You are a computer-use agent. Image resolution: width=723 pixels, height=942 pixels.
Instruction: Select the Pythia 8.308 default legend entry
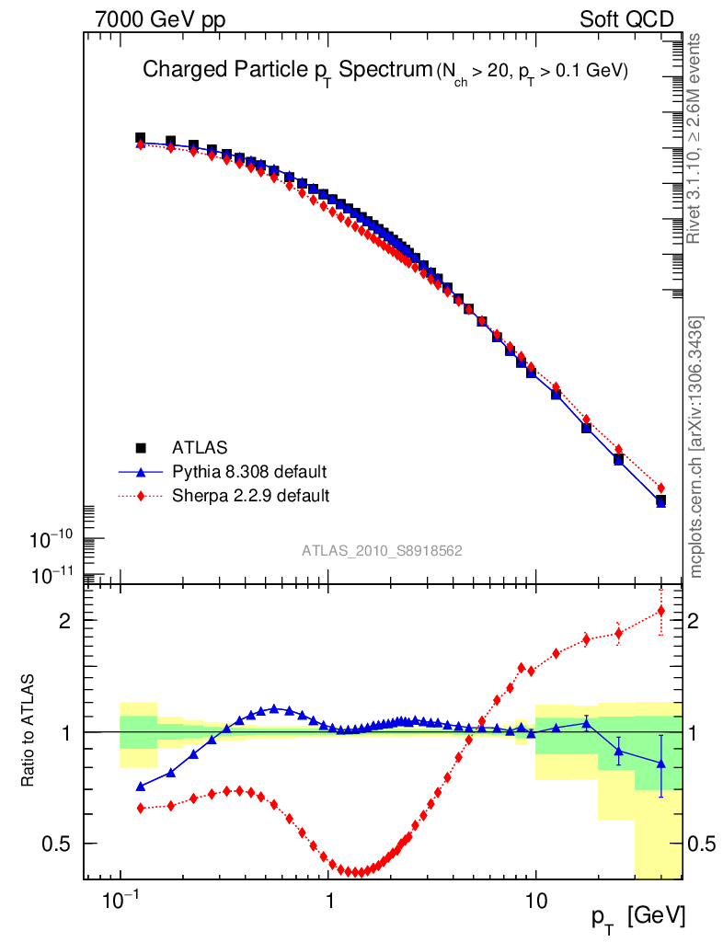(x=249, y=472)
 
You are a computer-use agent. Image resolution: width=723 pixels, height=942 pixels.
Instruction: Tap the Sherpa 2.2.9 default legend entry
(x=250, y=496)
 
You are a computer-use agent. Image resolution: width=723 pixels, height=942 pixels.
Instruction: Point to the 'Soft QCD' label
(x=626, y=18)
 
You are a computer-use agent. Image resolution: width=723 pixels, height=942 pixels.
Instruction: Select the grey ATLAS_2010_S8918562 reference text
(x=382, y=550)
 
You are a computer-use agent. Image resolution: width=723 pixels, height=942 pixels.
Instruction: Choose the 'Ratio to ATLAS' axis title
(x=29, y=731)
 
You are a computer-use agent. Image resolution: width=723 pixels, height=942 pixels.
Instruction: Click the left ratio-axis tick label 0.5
(x=57, y=844)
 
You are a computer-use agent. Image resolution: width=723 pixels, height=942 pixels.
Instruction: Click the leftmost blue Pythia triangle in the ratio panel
(x=141, y=787)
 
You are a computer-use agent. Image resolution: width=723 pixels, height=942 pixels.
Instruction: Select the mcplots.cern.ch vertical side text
(x=697, y=446)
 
